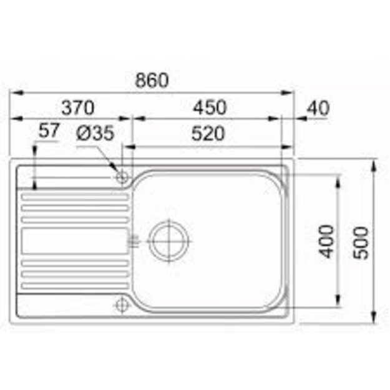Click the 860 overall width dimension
(x=152, y=80)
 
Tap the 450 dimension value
(x=209, y=107)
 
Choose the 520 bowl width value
(x=209, y=133)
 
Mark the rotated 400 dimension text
(x=325, y=240)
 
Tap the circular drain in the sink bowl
(x=169, y=239)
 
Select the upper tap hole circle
(x=122, y=177)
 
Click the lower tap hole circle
(x=122, y=305)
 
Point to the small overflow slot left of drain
(x=132, y=239)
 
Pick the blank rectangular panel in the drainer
(x=74, y=240)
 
